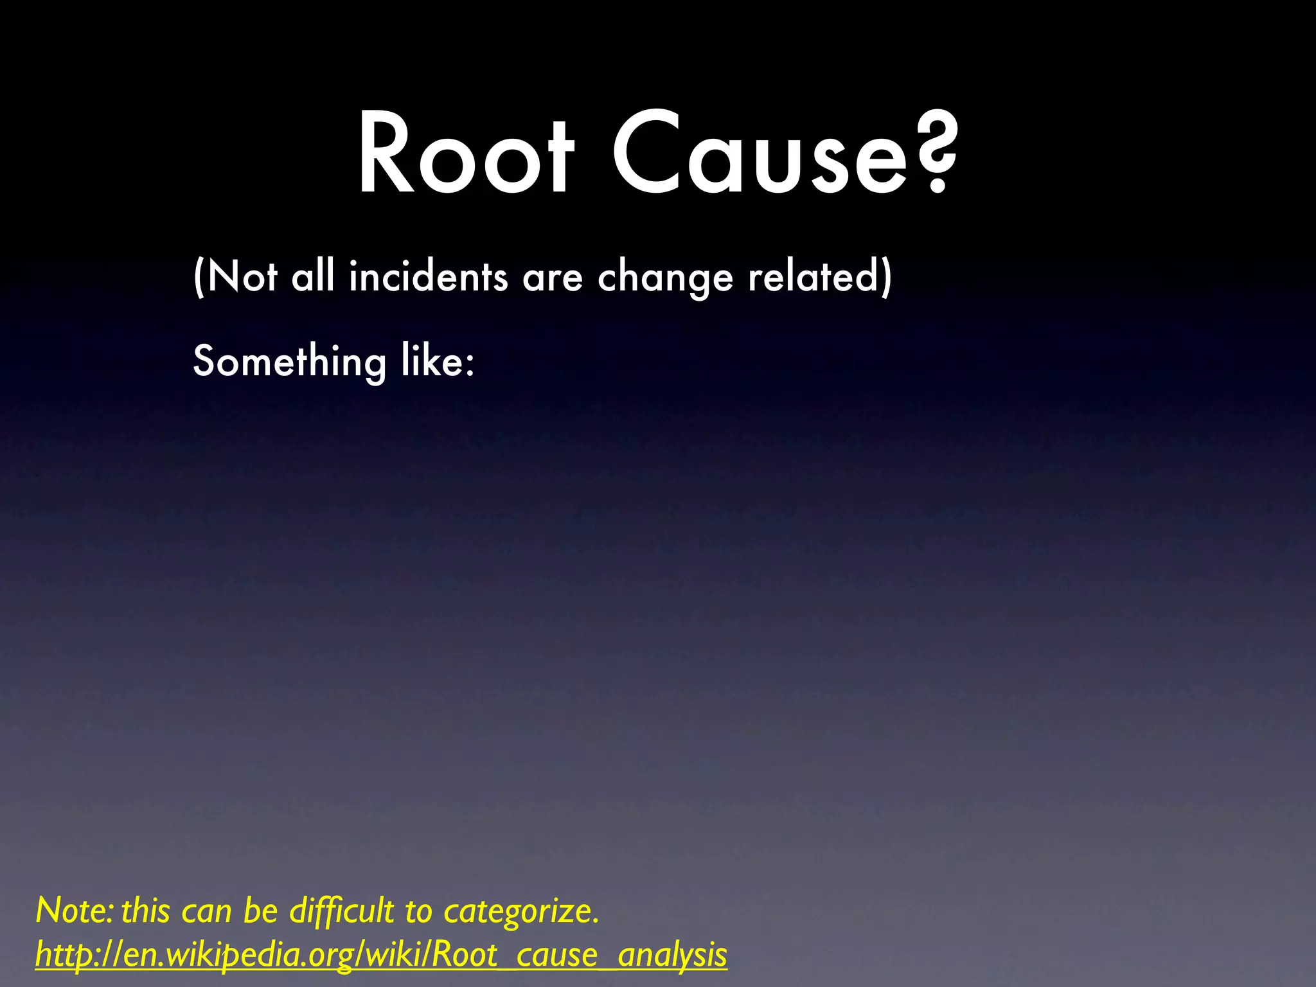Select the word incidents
tap(428, 277)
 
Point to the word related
tap(812, 277)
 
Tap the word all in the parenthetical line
tap(312, 277)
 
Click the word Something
tap(290, 362)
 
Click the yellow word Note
tap(73, 911)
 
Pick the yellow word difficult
tap(341, 911)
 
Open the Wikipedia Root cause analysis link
tap(381, 955)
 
